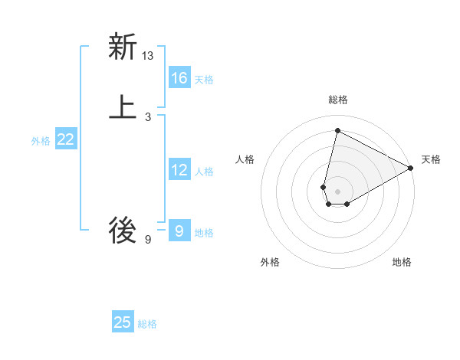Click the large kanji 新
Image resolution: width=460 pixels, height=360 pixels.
[x=123, y=47]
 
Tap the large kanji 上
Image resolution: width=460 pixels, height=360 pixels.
[x=123, y=107]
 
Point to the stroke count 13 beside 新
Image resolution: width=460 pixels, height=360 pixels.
[x=148, y=56]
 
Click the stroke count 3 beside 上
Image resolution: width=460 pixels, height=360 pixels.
[x=148, y=116]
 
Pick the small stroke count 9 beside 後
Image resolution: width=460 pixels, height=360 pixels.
[x=148, y=240]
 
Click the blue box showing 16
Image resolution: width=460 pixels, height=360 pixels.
[x=179, y=78]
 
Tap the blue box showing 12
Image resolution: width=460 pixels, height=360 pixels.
[x=179, y=170]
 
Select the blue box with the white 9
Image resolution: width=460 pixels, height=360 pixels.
[x=179, y=230]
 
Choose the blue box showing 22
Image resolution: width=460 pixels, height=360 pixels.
[x=66, y=139]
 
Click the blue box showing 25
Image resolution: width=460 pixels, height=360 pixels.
[x=123, y=322]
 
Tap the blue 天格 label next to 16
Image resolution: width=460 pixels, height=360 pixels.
[x=204, y=80]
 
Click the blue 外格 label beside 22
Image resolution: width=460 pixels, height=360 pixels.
[x=41, y=141]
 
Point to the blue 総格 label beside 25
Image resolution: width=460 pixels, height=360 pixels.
[x=147, y=324]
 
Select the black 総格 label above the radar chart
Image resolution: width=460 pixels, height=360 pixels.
[x=338, y=100]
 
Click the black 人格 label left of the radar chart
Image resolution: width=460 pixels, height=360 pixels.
[x=245, y=159]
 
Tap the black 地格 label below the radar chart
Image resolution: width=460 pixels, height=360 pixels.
[x=402, y=262]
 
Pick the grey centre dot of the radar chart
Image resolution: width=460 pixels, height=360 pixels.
[x=338, y=191]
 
